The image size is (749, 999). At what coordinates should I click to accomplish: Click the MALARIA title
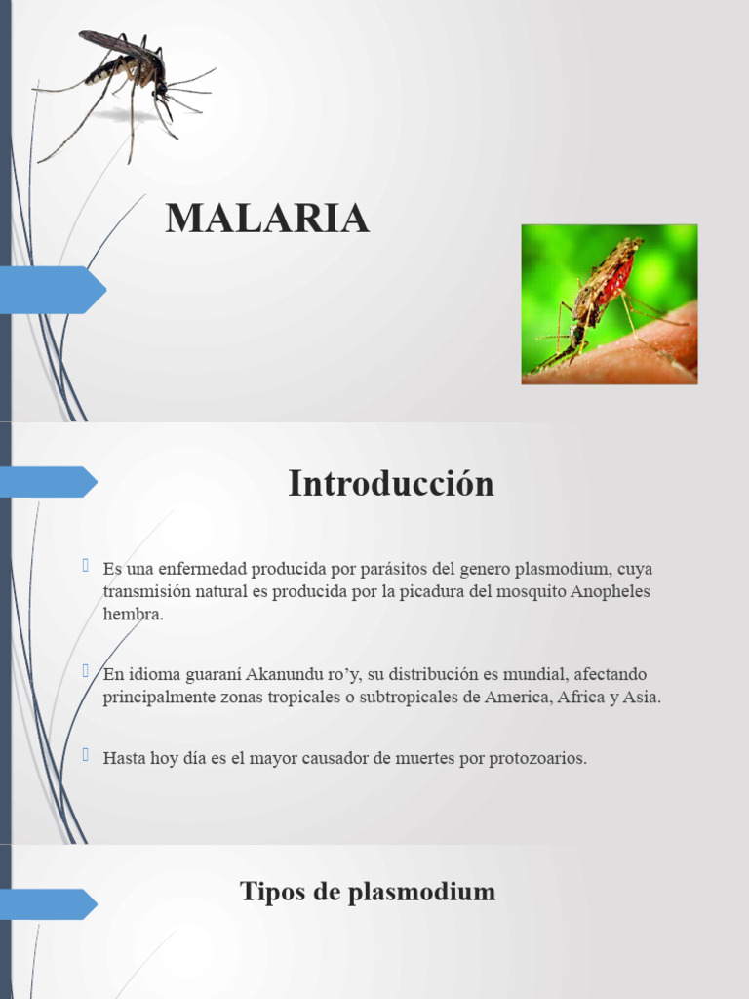coord(267,219)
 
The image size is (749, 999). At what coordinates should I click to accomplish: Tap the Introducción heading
coord(391,484)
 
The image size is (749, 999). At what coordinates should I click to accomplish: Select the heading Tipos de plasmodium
coord(368,891)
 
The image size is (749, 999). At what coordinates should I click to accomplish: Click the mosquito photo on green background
coord(610,304)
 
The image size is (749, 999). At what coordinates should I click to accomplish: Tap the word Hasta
coord(123,758)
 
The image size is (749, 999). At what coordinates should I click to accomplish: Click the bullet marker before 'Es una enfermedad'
coord(87,566)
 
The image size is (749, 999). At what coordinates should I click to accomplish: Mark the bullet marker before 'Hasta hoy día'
coord(87,755)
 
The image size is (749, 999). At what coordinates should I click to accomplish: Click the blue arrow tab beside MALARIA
coord(54,290)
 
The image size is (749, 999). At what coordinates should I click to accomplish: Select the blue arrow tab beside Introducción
coord(49,482)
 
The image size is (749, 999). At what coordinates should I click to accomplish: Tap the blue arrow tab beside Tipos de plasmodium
coord(49,904)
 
